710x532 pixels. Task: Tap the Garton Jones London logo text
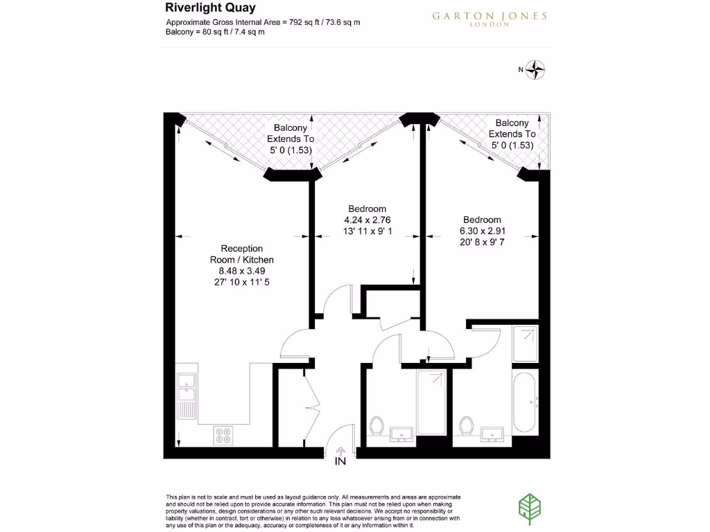tap(490, 17)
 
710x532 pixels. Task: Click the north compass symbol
tap(536, 69)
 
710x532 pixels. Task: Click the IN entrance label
tap(340, 461)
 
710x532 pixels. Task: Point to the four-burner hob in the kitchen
tap(224, 434)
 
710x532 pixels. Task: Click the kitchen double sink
tap(186, 395)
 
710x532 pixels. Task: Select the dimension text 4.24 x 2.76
tap(367, 220)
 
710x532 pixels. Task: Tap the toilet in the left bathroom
tap(377, 425)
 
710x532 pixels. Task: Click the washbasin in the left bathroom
tap(402, 434)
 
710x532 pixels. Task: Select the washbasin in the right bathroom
tap(492, 434)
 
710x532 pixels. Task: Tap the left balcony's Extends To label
tap(291, 139)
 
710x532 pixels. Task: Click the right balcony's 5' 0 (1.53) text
tap(512, 145)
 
